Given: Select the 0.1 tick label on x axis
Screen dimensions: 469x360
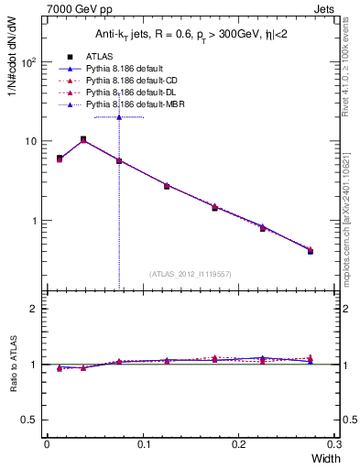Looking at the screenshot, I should [142, 442].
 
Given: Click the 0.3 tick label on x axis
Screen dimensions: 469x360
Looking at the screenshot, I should [334, 442].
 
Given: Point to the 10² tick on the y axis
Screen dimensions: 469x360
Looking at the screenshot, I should [28, 63].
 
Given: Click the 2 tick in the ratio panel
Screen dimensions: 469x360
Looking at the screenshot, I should [33, 309].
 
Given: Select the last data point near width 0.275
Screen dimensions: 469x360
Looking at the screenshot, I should [310, 250].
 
